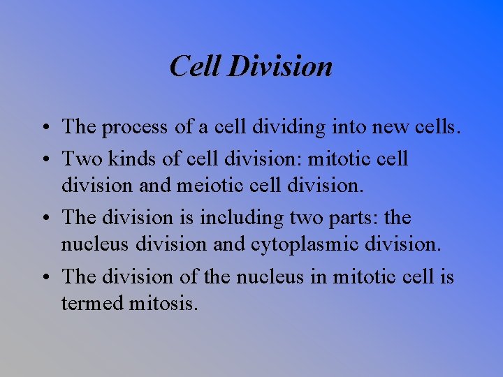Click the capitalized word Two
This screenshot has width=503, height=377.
(x=78, y=158)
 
